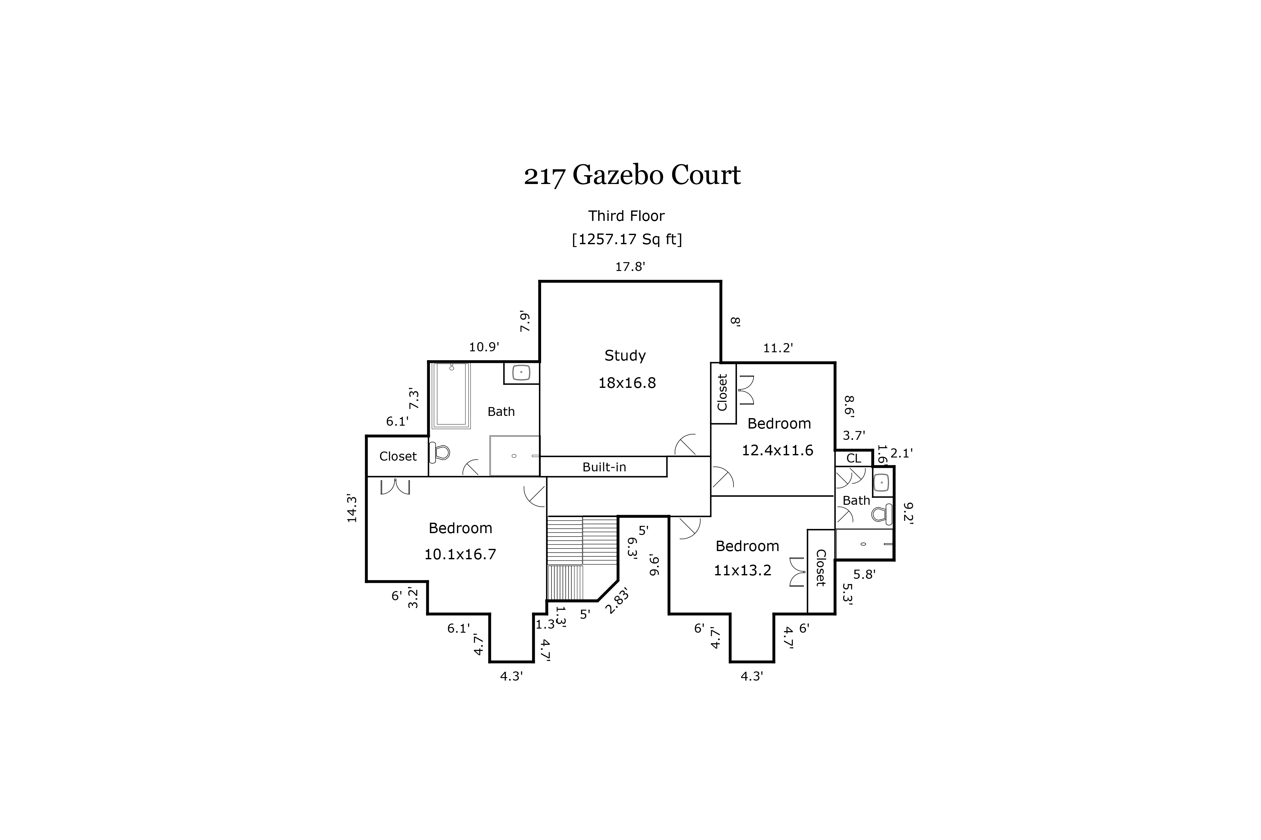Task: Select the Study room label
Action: (625, 356)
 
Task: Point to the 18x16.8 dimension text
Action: (627, 383)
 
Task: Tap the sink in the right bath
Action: (881, 483)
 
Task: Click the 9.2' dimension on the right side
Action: (908, 513)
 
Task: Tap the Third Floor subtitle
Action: (626, 216)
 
